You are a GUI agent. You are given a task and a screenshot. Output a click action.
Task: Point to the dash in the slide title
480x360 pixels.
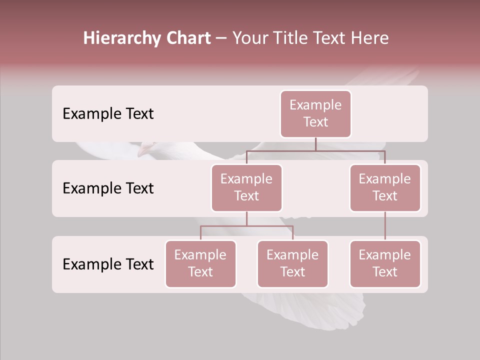pyautogui.click(x=221, y=38)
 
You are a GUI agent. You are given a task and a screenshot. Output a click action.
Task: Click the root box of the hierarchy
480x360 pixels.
pyautogui.click(x=315, y=113)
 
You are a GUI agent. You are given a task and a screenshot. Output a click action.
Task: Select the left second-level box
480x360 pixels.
pyautogui.click(x=246, y=187)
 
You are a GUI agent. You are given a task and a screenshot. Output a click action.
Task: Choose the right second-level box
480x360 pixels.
pyautogui.click(x=385, y=187)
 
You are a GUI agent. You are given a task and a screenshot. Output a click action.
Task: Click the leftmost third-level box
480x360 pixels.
pyautogui.click(x=200, y=263)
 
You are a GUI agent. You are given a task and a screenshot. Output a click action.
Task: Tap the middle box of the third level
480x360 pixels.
pyautogui.click(x=292, y=263)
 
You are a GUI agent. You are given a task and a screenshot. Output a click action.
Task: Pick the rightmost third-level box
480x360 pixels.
pyautogui.click(x=385, y=263)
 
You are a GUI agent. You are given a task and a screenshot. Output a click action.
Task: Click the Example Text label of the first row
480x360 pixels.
pyautogui.click(x=108, y=114)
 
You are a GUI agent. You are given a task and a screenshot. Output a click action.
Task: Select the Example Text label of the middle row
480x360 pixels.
pyautogui.click(x=108, y=188)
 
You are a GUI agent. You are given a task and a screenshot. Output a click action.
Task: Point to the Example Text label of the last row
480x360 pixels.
pyautogui.click(x=108, y=264)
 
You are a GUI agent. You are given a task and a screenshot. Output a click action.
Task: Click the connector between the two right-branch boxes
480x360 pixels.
pyautogui.click(x=385, y=226)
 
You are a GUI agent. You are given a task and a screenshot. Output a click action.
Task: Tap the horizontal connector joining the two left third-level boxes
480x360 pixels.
pyautogui.click(x=246, y=226)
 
